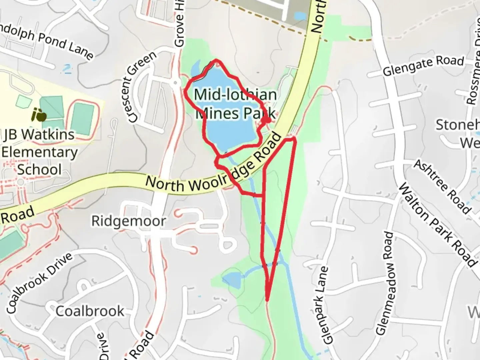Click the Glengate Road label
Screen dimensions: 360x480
pyautogui.click(x=423, y=66)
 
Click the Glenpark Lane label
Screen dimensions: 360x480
pyautogui.click(x=324, y=305)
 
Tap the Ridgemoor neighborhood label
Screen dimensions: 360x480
pyautogui.click(x=129, y=221)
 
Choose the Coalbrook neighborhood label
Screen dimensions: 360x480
pyautogui.click(x=90, y=311)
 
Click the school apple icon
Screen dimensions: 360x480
pyautogui.click(x=39, y=115)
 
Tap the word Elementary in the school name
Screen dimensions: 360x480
pyautogui.click(x=39, y=152)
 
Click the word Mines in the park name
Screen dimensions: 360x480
pyautogui.click(x=217, y=113)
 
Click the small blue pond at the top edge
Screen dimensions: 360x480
pyautogui.click(x=300, y=16)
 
